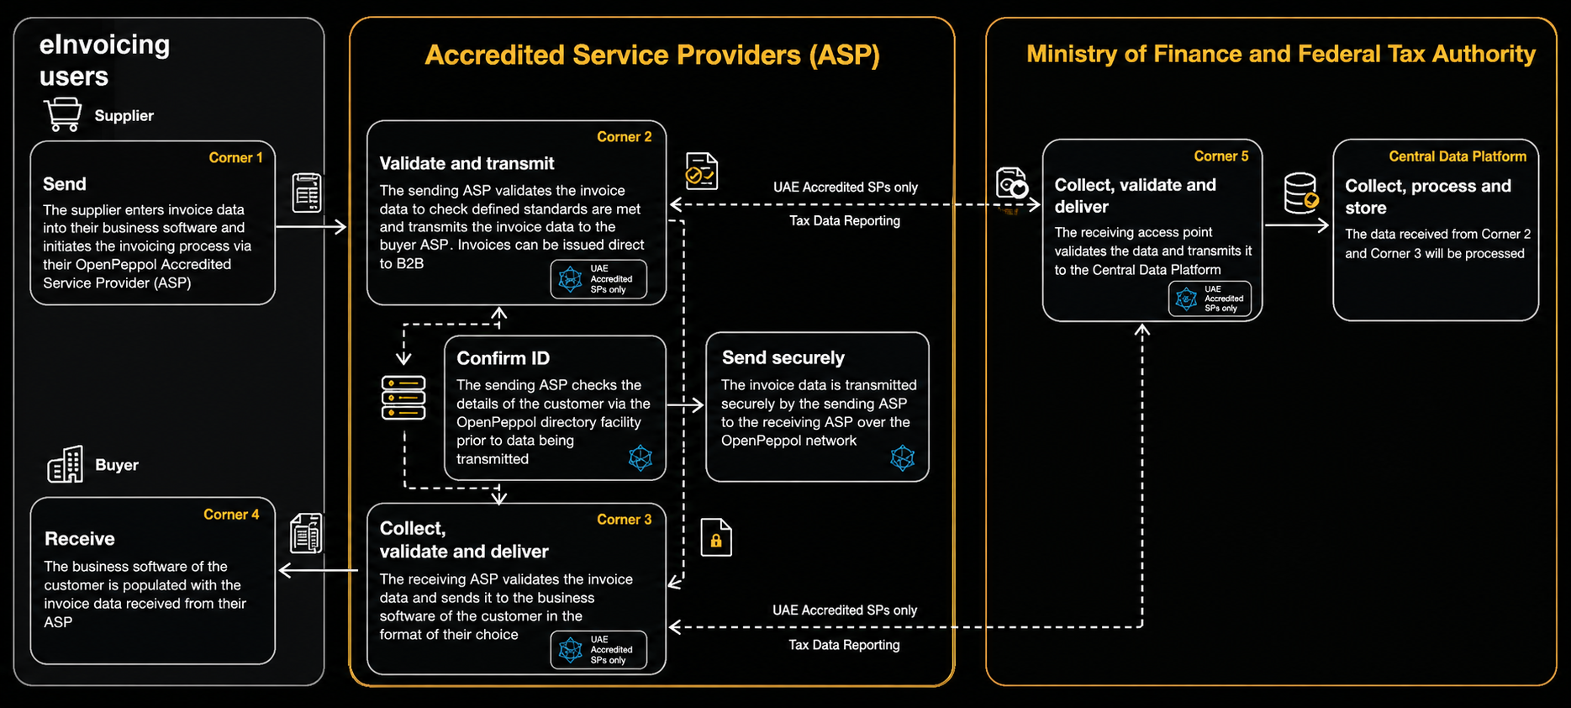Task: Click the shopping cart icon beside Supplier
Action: (63, 114)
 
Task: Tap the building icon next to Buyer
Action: (66, 464)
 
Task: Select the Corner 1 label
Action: (235, 157)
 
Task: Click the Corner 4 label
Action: (231, 515)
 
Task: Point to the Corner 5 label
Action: (1221, 156)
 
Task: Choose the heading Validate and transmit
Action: (467, 163)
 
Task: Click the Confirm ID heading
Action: (503, 358)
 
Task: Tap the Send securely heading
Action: (783, 357)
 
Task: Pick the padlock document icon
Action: (716, 537)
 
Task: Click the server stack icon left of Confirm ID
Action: (403, 398)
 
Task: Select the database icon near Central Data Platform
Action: (1301, 193)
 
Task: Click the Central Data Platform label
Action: (1458, 156)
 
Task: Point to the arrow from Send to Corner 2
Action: (311, 226)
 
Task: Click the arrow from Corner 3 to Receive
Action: (319, 571)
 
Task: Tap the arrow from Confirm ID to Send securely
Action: (685, 405)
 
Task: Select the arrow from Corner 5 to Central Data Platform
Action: (1297, 225)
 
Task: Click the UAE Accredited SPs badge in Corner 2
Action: (598, 279)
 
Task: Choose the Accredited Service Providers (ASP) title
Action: (652, 55)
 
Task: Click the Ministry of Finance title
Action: (1281, 54)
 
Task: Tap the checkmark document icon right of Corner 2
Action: (702, 172)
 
